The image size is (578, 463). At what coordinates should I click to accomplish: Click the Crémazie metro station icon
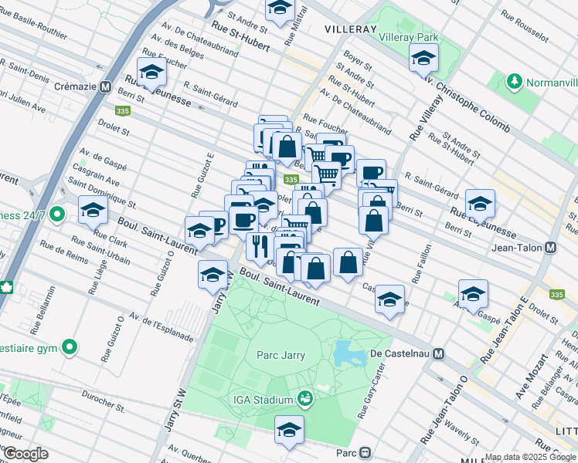coord(105,87)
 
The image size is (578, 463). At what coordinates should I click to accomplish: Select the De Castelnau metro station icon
coord(438,353)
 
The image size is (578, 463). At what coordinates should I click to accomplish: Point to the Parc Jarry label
coord(280,355)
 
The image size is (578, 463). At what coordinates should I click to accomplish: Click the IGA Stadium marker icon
coord(305,399)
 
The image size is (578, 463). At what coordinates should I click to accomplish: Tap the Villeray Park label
coord(409,37)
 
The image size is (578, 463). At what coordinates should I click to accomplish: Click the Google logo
coord(25,454)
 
